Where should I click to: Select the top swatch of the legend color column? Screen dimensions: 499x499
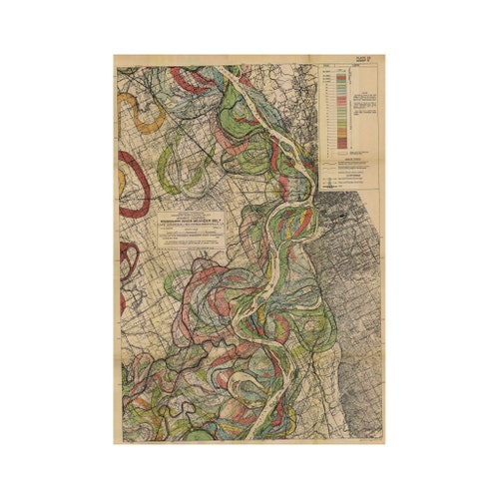[x=341, y=73]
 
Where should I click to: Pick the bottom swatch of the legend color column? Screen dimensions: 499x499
[x=341, y=146]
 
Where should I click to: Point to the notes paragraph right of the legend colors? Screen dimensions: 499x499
[x=364, y=105]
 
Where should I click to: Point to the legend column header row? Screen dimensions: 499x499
[x=341, y=68]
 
